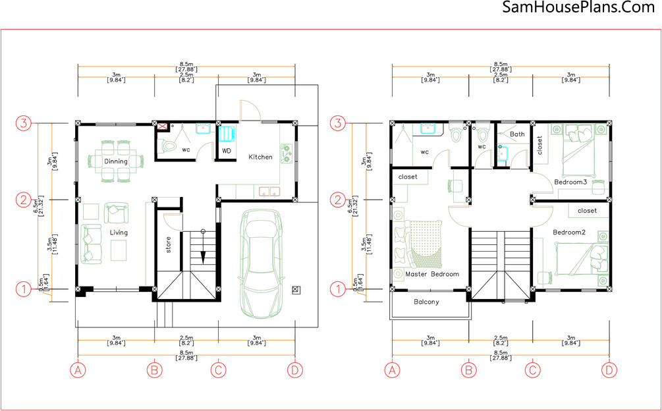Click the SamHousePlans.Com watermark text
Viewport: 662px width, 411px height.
[x=579, y=7]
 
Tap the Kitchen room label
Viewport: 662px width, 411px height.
[x=260, y=157]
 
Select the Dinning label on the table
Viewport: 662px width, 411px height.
[x=116, y=161]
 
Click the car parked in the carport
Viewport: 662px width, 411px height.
[x=260, y=264]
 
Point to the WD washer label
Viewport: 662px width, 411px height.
[x=227, y=151]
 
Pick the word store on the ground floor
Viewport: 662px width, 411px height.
[x=169, y=245]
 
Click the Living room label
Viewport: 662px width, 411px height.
[x=119, y=233]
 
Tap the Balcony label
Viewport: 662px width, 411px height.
[x=426, y=302]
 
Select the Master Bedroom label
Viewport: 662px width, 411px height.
[x=432, y=274]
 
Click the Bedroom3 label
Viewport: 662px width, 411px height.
[x=571, y=182]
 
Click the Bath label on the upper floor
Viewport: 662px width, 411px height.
[x=517, y=134]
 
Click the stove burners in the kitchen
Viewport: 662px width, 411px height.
[x=287, y=153]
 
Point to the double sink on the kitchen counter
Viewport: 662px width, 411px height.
[x=269, y=192]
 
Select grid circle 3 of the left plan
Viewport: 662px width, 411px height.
[x=24, y=124]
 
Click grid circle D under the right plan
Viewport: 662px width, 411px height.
[x=609, y=370]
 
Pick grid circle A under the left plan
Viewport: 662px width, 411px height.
[x=78, y=370]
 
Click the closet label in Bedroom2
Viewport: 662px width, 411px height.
[x=587, y=211]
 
